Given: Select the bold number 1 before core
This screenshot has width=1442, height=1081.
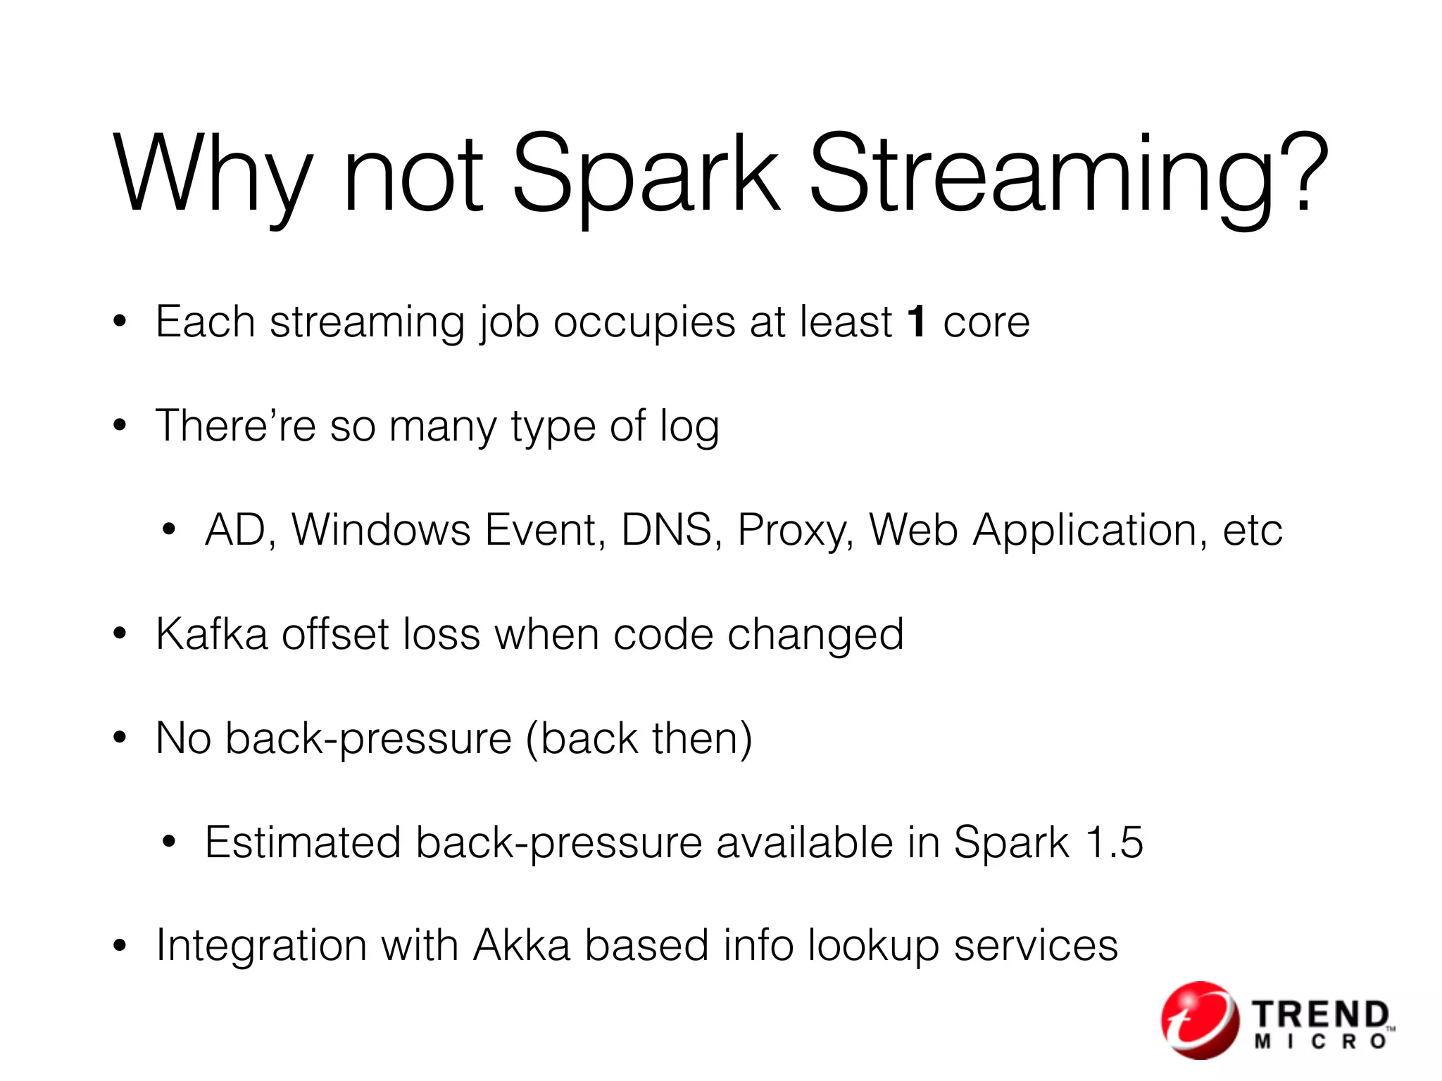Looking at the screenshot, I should [x=916, y=322].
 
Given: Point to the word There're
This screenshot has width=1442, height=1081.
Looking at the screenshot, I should [x=235, y=426].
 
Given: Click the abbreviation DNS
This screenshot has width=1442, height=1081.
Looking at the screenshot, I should [x=666, y=529].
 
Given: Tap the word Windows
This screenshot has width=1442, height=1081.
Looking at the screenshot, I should [x=381, y=529].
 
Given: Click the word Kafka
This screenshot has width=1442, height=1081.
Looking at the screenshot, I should [x=212, y=633].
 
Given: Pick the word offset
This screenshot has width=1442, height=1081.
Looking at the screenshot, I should [x=335, y=633].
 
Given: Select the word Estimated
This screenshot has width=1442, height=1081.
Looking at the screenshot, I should [x=303, y=842].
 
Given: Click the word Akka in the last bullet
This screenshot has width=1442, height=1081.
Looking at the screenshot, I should [x=521, y=944].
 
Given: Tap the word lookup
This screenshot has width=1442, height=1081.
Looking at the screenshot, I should [x=873, y=946].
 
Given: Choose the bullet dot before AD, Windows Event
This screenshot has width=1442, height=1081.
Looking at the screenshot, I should [x=168, y=530].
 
